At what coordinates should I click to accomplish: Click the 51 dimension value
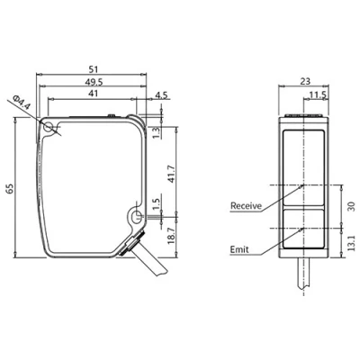(x=94, y=69)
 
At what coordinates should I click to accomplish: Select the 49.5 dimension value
(x=94, y=82)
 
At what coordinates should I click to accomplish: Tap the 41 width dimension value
(x=94, y=94)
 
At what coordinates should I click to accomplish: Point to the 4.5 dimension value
(x=161, y=95)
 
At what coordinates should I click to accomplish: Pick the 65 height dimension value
(x=10, y=189)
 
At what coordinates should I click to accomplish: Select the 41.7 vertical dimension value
(x=171, y=174)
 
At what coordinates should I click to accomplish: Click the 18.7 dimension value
(x=171, y=236)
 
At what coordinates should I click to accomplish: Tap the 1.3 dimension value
(x=156, y=132)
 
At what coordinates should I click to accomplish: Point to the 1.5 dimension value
(x=156, y=204)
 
